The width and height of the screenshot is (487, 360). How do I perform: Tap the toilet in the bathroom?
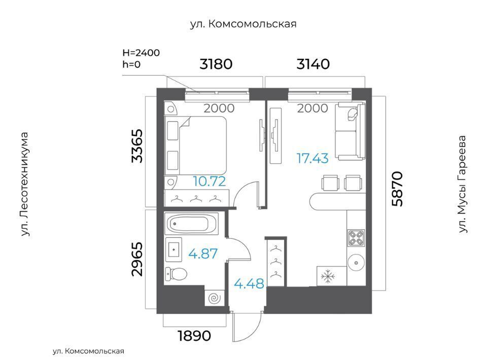click(x=176, y=274)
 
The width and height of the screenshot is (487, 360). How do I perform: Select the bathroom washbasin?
click(x=173, y=249)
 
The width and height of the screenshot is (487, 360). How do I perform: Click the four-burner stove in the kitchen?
click(x=356, y=238)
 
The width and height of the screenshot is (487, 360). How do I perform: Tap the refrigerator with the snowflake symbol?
click(x=332, y=276)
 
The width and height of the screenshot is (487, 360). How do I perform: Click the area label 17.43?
click(x=312, y=158)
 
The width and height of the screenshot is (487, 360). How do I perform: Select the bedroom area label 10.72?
click(x=210, y=181)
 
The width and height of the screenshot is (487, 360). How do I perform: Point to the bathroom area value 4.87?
click(x=203, y=254)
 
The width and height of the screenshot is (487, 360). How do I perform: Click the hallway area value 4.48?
click(x=249, y=283)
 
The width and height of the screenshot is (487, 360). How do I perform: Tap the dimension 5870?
click(x=397, y=189)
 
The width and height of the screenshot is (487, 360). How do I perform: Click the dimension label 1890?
click(x=194, y=336)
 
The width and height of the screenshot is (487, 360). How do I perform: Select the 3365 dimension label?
click(x=137, y=146)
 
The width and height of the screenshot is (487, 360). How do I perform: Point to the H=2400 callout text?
click(x=141, y=53)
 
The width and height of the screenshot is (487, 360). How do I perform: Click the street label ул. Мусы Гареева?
click(x=463, y=184)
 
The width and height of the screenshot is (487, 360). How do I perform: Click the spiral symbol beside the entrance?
click(x=214, y=298)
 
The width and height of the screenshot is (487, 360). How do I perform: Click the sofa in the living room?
click(x=350, y=132)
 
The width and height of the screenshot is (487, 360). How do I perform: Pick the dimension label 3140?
click(x=313, y=64)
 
